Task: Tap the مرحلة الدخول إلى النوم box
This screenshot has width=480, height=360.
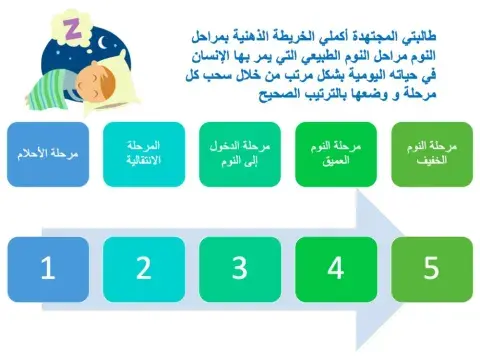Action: coord(241,154)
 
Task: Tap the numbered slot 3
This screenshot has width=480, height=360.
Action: coord(241,267)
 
